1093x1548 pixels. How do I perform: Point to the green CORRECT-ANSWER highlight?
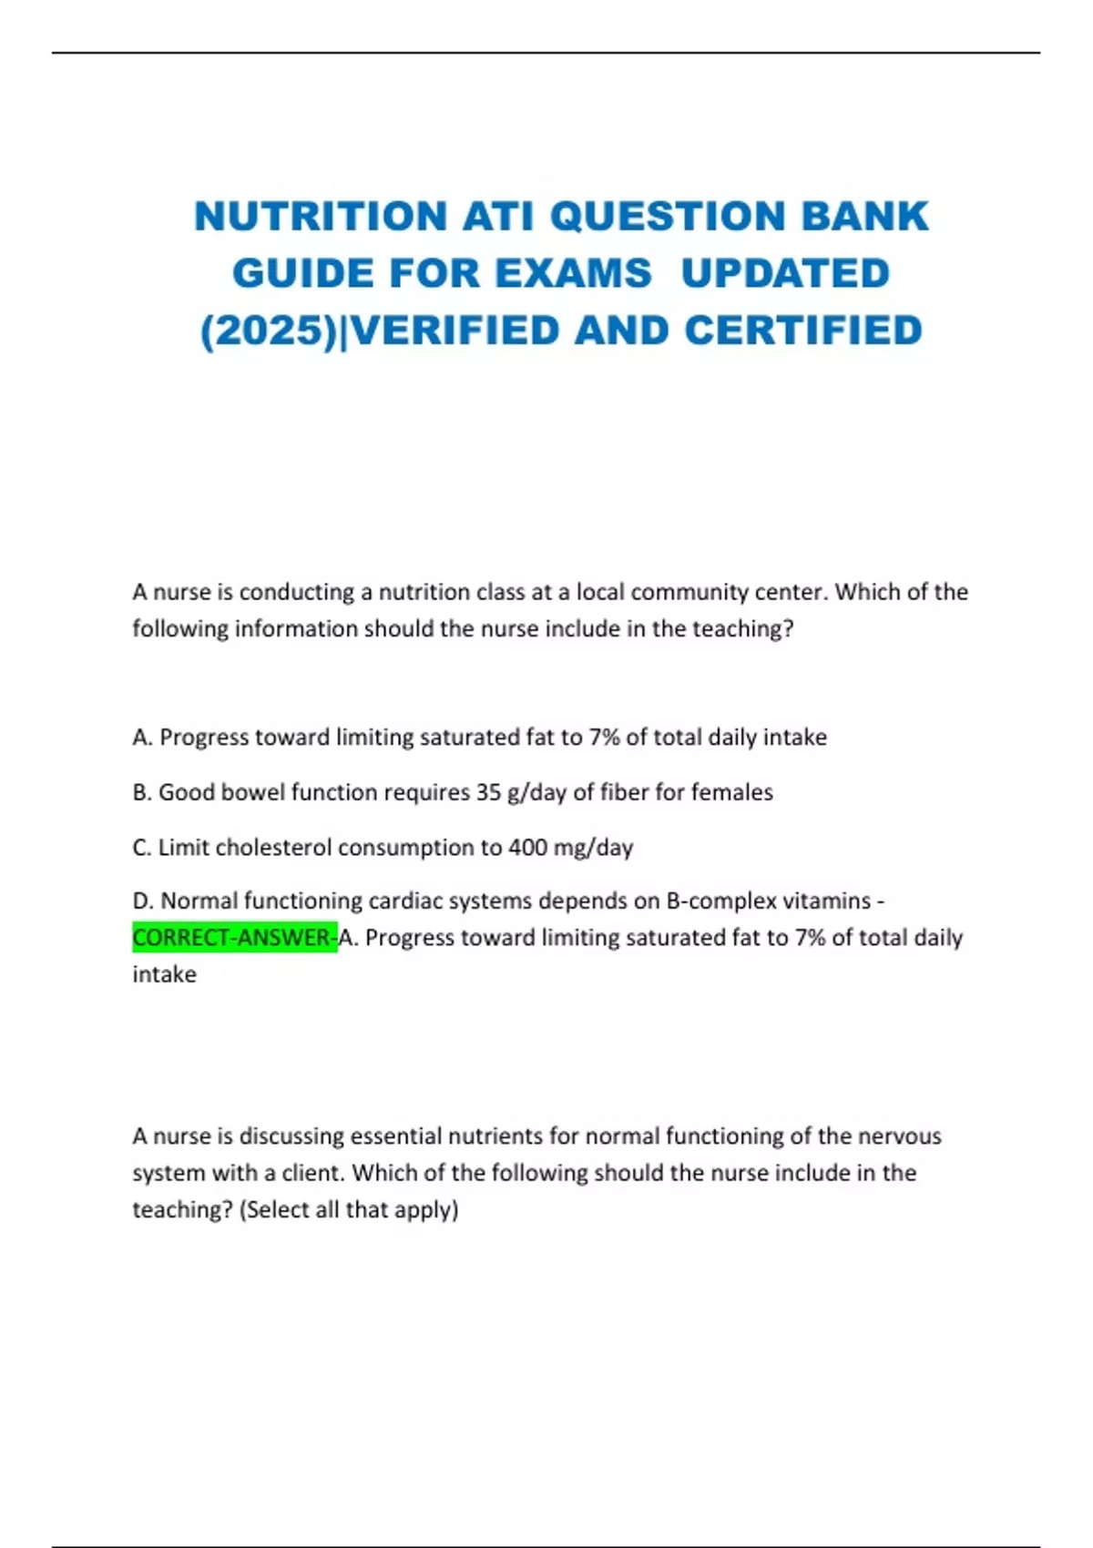pyautogui.click(x=234, y=937)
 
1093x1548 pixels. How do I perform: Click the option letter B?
pyautogui.click(x=141, y=792)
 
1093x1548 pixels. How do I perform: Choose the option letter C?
pyautogui.click(x=141, y=848)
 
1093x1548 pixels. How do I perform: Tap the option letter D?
pyautogui.click(x=142, y=901)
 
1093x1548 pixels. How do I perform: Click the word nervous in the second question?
pyautogui.click(x=902, y=1136)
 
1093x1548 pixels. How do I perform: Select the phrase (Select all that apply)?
pyautogui.click(x=349, y=1210)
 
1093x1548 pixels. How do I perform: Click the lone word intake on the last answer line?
pyautogui.click(x=164, y=974)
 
